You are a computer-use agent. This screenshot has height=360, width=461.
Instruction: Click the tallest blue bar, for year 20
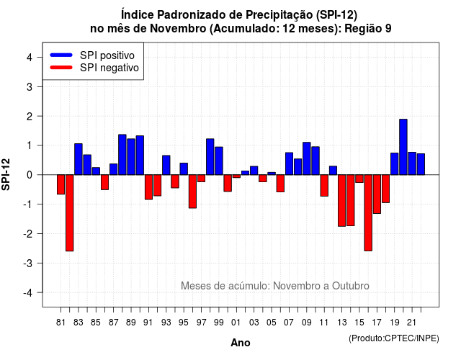[x=403, y=147]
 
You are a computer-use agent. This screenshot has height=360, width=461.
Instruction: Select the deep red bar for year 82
[x=70, y=213]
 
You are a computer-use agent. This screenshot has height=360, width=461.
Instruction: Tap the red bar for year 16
[x=368, y=213]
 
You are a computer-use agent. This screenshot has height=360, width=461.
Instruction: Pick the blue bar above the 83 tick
[x=79, y=159]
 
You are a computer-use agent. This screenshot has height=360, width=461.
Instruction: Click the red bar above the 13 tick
[x=341, y=200]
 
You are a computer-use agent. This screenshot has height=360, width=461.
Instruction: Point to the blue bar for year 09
[x=307, y=158]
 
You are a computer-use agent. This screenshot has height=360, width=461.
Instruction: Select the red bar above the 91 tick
[x=148, y=187]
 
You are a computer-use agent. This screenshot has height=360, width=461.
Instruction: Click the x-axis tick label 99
[x=219, y=323]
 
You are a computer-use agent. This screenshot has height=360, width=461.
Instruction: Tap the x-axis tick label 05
[x=272, y=323]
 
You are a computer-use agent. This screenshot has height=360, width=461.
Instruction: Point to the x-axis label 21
[x=411, y=323]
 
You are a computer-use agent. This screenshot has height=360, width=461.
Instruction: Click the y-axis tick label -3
[x=28, y=264]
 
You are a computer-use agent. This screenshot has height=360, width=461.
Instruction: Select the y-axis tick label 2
[x=30, y=117]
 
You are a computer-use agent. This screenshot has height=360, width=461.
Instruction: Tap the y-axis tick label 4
[x=30, y=58]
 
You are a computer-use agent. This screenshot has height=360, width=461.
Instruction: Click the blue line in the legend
[x=61, y=55]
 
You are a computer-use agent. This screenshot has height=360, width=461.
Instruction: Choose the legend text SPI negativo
[x=109, y=68]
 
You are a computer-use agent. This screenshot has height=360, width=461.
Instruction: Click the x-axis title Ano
[x=240, y=343]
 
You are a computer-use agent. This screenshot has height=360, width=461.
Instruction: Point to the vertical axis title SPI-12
[x=6, y=174]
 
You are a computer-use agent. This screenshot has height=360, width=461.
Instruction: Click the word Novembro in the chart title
[x=178, y=29]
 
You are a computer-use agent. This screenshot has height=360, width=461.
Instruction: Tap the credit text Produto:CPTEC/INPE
[x=394, y=338]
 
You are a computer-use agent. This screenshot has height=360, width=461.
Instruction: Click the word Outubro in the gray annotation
[x=351, y=286]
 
